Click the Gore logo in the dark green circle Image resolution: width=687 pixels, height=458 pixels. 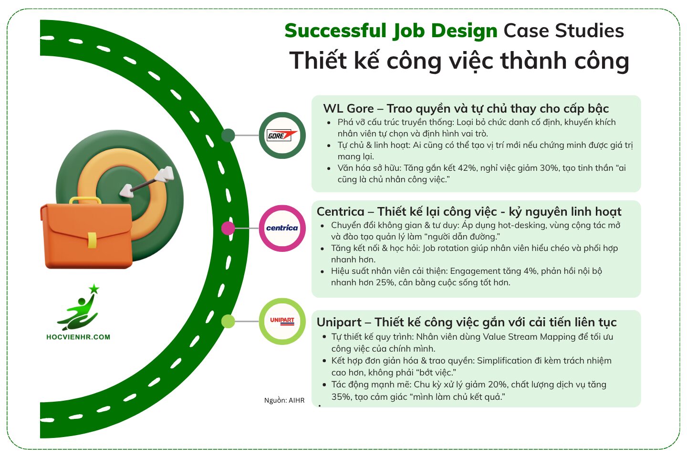pyautogui.click(x=282, y=135)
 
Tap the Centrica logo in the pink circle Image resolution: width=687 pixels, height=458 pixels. pyautogui.click(x=282, y=228)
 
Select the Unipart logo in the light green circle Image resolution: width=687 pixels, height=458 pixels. pyautogui.click(x=282, y=321)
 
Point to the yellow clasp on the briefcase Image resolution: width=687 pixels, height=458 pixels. pyautogui.click(x=92, y=240)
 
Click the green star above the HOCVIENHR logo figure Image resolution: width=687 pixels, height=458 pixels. pyautogui.click(x=94, y=289)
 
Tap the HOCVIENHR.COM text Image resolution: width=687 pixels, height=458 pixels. pyautogui.click(x=78, y=337)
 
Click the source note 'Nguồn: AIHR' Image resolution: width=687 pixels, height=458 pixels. pyautogui.click(x=284, y=400)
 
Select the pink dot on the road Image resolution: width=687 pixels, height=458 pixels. pyautogui.click(x=228, y=228)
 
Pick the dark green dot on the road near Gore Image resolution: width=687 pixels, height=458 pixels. pyautogui.click(x=228, y=135)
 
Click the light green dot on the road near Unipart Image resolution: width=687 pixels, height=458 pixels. pyautogui.click(x=228, y=321)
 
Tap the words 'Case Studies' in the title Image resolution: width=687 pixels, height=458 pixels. pyautogui.click(x=564, y=31)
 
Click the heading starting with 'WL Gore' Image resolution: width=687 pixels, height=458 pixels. pyautogui.click(x=466, y=109)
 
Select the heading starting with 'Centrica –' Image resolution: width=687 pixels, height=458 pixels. pyautogui.click(x=469, y=211)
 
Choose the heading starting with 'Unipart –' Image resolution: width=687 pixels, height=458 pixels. pyautogui.click(x=467, y=323)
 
